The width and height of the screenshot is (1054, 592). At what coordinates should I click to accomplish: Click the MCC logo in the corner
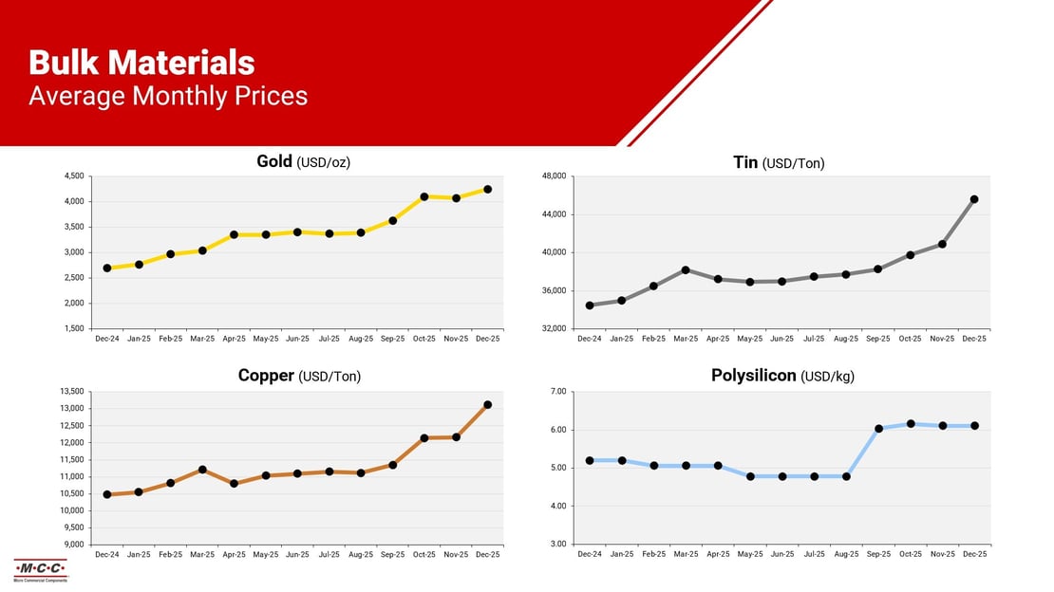[x=40, y=569]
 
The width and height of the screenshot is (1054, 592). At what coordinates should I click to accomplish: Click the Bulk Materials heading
[x=141, y=63]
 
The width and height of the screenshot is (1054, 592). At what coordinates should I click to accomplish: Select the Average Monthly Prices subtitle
[x=168, y=96]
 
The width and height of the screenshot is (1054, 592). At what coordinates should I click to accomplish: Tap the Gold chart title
[x=303, y=162]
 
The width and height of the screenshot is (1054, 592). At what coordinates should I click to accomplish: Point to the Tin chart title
[x=779, y=163]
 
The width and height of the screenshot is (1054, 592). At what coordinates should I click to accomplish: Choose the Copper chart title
[x=299, y=376]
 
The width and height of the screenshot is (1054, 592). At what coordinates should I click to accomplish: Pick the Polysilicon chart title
[x=782, y=376]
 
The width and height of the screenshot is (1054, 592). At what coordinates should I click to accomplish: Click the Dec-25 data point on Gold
[x=488, y=190]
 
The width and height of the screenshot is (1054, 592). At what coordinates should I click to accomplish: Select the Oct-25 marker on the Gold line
[x=424, y=196]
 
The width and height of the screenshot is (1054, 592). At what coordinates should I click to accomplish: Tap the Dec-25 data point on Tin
[x=974, y=199]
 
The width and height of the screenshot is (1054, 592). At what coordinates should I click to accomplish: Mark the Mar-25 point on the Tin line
[x=686, y=270]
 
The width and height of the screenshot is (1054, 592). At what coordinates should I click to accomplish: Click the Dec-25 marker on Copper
[x=488, y=405]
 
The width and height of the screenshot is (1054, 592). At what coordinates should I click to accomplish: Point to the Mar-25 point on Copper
[x=202, y=470]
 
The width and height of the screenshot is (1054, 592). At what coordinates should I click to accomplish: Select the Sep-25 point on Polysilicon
[x=878, y=429]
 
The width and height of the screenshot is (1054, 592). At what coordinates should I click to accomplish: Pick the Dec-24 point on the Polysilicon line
[x=590, y=460]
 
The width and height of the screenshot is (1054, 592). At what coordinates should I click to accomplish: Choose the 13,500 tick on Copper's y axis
[x=71, y=392]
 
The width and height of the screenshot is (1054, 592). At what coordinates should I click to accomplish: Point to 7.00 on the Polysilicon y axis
[x=557, y=392]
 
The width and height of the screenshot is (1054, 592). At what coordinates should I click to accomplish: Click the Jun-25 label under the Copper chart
[x=297, y=554]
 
